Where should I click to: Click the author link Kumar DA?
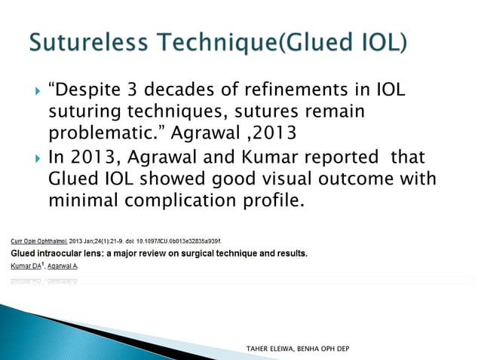(x=28, y=266)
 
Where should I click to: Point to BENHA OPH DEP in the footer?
(x=323, y=348)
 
